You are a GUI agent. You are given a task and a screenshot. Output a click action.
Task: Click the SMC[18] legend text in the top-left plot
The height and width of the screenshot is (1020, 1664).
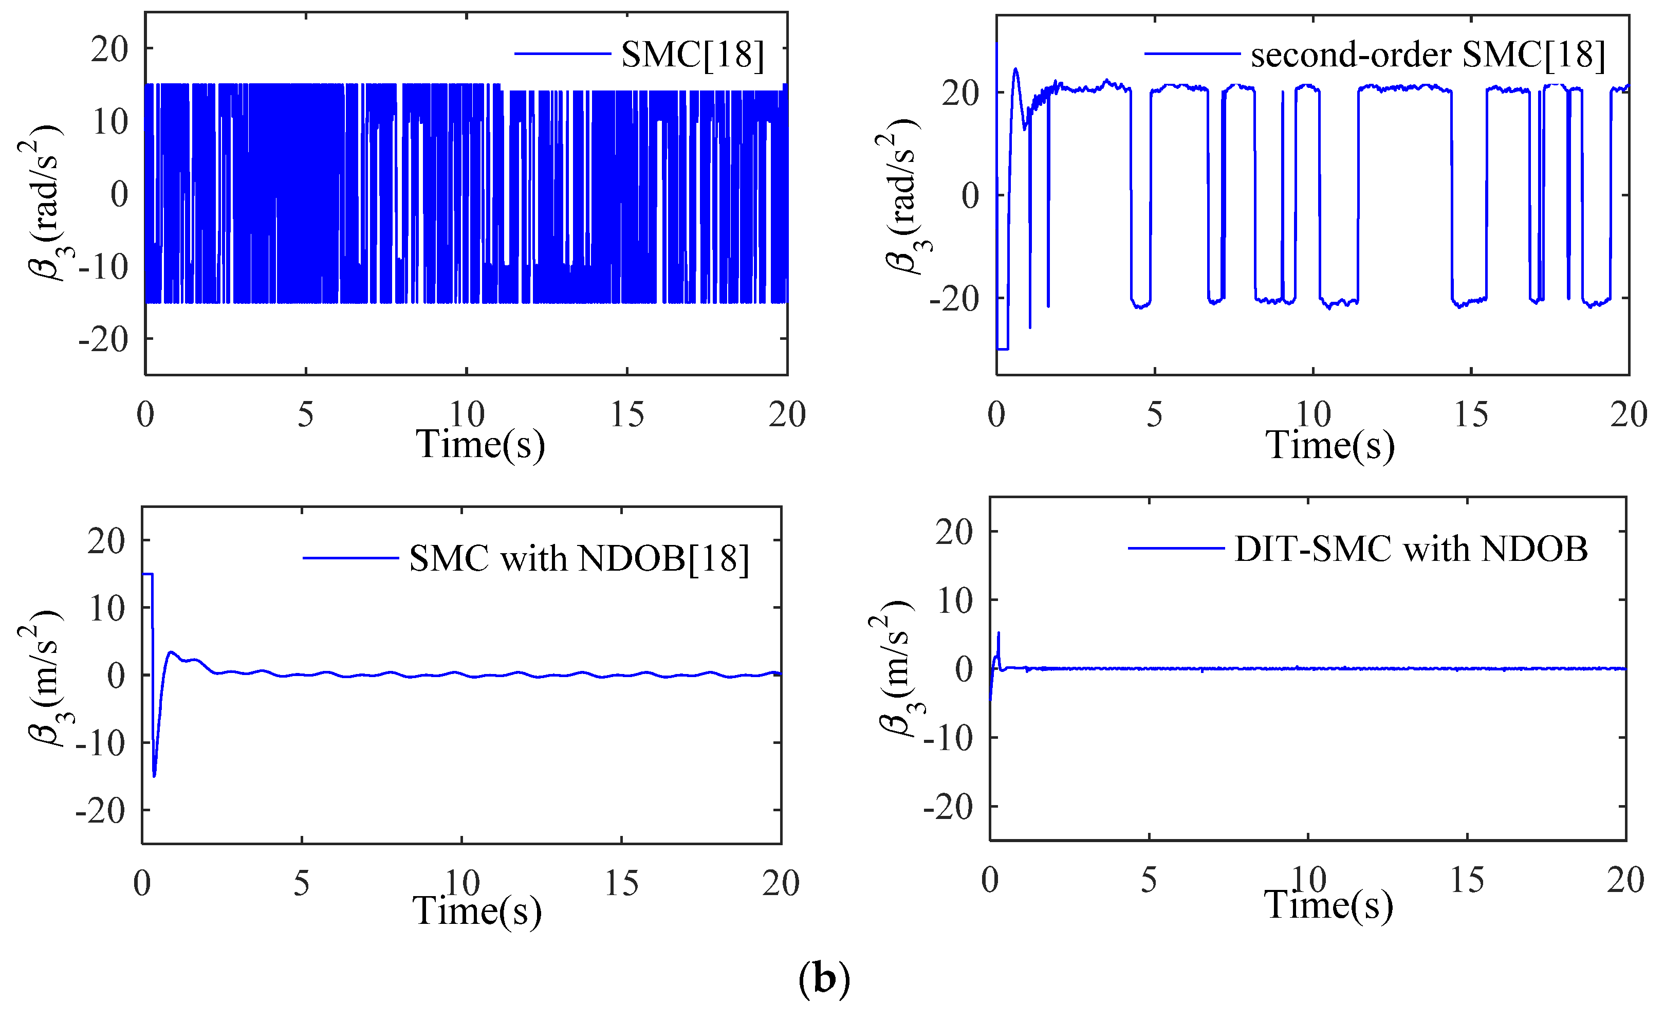tap(692, 54)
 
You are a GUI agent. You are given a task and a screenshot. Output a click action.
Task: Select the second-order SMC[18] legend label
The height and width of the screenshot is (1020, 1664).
tap(1427, 54)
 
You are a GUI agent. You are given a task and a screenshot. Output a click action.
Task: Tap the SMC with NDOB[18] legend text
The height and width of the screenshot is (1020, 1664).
tap(579, 558)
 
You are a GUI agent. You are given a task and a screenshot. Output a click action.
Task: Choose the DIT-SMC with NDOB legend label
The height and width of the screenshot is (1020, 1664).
tap(1411, 549)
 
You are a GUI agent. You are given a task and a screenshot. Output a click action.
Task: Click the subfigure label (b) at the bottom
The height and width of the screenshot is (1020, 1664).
tap(824, 977)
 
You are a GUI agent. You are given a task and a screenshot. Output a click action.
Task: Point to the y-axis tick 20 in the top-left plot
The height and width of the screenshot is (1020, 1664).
tap(109, 49)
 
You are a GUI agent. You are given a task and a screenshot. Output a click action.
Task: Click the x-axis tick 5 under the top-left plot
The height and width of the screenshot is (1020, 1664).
tap(305, 414)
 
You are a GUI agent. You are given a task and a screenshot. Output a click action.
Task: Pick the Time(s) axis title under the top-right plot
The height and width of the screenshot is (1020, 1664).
tap(1329, 445)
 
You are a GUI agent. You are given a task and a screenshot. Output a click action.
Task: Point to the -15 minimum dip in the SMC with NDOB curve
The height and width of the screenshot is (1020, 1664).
tap(155, 775)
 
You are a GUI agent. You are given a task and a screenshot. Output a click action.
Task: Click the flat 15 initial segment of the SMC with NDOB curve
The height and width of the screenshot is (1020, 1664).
tap(147, 574)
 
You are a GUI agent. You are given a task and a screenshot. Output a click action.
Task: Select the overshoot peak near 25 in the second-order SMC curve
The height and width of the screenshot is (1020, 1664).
tap(1015, 69)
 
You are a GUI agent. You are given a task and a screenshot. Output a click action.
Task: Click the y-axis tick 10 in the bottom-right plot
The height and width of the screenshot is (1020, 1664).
tap(954, 600)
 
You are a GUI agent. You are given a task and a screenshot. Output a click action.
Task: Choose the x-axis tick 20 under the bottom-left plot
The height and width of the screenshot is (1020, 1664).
tap(781, 883)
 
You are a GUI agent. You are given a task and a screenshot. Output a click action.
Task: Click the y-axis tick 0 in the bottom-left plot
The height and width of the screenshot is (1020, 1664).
tap(116, 675)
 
